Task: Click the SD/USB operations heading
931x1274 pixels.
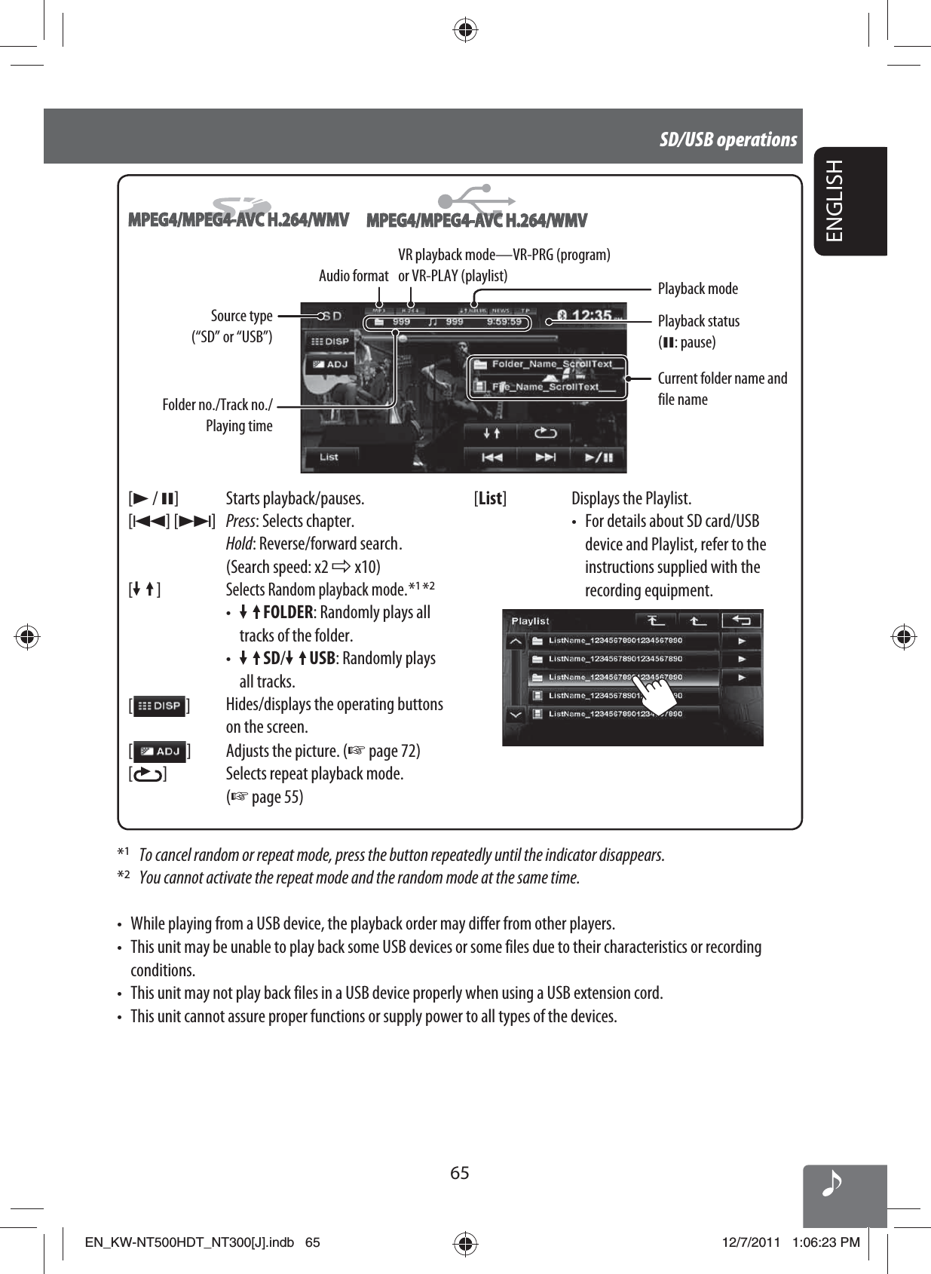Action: [727, 139]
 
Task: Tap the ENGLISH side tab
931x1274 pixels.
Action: [835, 201]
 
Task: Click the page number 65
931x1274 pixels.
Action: [460, 1172]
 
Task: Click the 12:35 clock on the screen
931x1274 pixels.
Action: [593, 315]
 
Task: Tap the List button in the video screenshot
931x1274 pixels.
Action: [329, 457]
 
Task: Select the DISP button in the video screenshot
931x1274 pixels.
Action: [327, 341]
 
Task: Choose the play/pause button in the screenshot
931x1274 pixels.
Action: [599, 457]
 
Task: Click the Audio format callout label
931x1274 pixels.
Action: [354, 276]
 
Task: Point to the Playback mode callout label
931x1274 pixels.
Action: [697, 289]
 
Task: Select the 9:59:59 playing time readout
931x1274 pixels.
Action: [503, 322]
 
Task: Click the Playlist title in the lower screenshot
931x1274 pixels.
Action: [531, 621]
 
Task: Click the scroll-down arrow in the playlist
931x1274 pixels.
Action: [515, 714]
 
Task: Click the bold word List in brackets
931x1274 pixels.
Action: [490, 498]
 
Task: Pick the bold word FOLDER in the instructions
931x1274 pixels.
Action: [287, 612]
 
